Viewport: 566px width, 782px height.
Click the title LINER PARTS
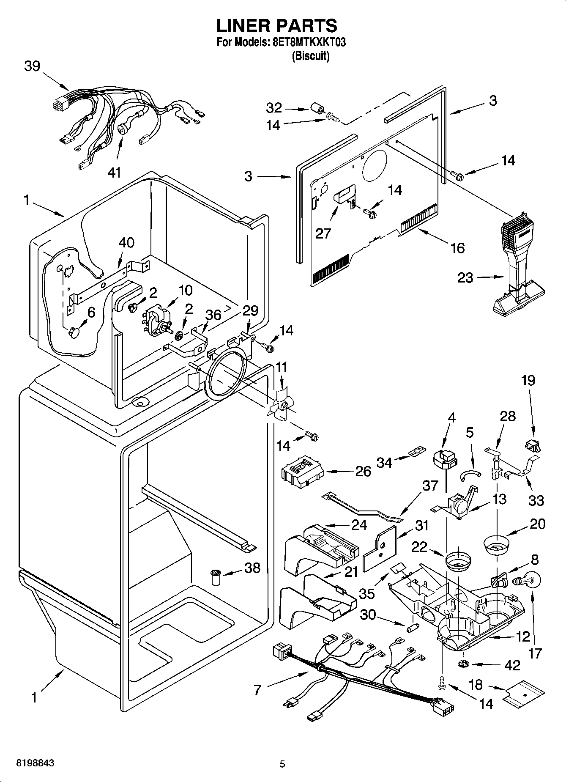coord(277,26)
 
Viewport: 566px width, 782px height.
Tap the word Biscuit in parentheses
coord(310,56)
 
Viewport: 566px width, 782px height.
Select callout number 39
coord(32,66)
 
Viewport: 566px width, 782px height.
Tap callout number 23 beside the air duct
coord(465,278)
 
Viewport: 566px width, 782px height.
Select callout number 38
coord(252,568)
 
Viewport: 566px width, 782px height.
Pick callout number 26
coord(363,471)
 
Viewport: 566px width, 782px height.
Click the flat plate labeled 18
coord(524,698)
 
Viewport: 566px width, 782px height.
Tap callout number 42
coord(512,665)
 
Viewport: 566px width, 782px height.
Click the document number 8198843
coord(35,763)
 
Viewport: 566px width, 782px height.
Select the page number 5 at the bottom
coord(282,764)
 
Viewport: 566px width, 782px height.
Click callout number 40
coord(126,242)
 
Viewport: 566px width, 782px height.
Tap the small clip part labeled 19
coord(533,445)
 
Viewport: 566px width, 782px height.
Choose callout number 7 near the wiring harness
coord(257,690)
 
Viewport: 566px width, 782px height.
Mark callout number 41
coord(114,172)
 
